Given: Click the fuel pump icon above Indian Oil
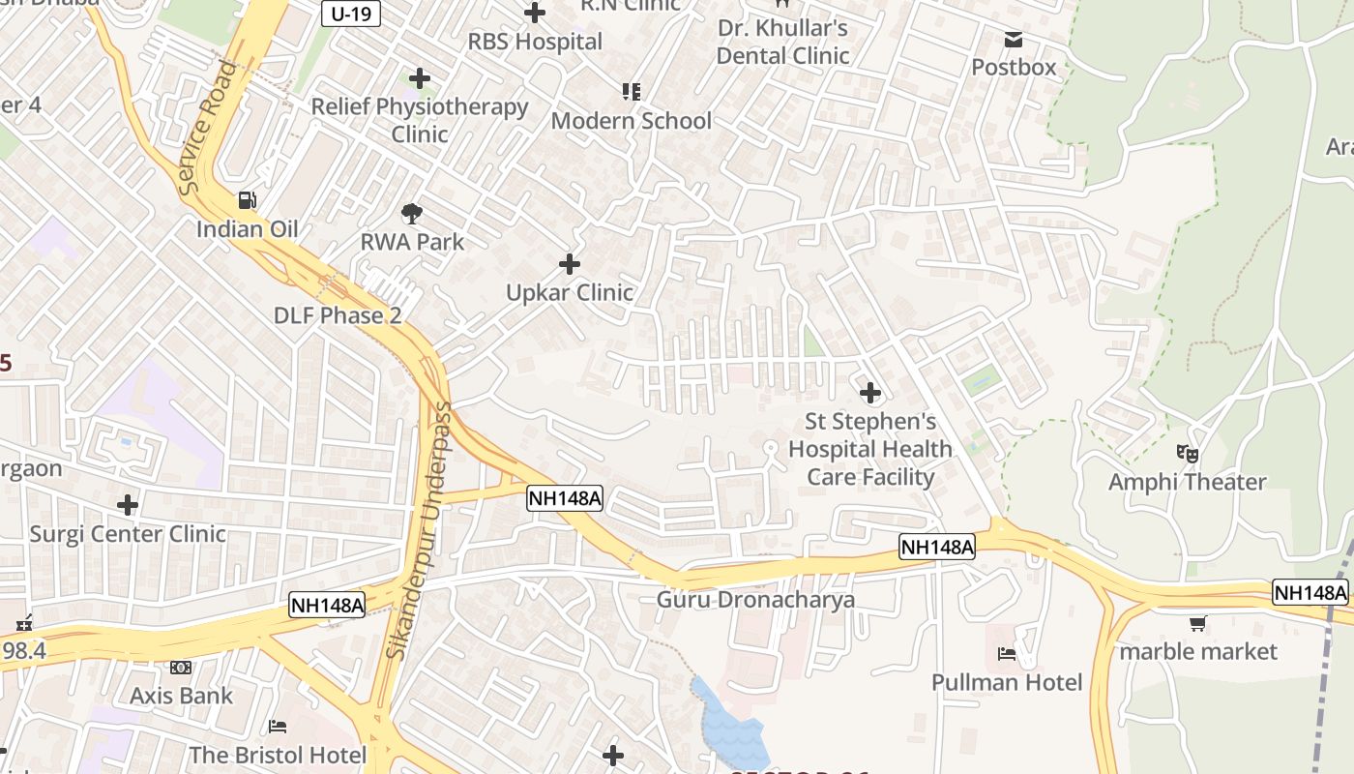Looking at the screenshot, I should pos(248,200).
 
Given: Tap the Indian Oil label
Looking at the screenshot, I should pos(247,229).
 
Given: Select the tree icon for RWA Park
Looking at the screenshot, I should pos(412,213).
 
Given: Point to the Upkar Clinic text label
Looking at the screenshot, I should pos(570,292).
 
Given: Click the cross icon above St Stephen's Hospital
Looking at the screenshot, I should pos(870,393).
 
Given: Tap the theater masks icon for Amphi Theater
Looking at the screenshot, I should pos(1188,453).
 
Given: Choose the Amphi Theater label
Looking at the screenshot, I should pos(1187,482).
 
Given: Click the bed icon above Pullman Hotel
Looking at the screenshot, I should pos(1007,654).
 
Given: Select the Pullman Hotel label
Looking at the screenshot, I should pos(1007,683).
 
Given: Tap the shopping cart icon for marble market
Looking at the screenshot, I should pos(1198,624).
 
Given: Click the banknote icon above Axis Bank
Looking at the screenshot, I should pos(181,668).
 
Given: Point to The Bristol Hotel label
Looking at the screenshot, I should pos(278,755).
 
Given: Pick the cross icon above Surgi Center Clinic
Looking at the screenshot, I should pos(128,505).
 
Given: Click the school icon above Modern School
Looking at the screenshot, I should pos(632,92).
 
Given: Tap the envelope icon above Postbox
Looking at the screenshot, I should pos(1014,39).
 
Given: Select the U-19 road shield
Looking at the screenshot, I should pos(350,14).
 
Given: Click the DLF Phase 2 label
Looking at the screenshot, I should pos(337,315).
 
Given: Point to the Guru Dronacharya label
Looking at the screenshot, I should pos(755,600).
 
